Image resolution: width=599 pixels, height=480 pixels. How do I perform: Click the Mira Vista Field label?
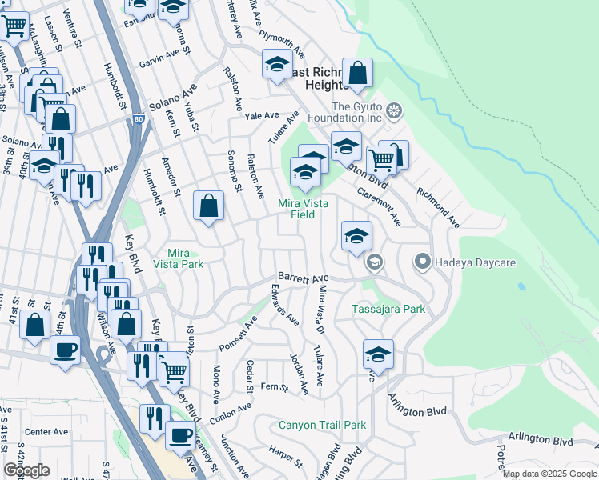pyautogui.click(x=301, y=209)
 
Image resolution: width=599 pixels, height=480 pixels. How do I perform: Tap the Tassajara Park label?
pyautogui.click(x=388, y=309)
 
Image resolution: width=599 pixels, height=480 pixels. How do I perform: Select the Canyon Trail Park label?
pyautogui.click(x=322, y=425)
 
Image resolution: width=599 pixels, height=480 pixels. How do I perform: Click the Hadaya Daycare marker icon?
pyautogui.click(x=423, y=262)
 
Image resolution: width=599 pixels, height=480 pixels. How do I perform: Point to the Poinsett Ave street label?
pyautogui.click(x=239, y=334)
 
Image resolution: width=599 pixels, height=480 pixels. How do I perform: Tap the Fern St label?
pyautogui.click(x=274, y=387)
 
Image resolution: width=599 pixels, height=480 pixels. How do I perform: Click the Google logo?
pyautogui.click(x=26, y=470)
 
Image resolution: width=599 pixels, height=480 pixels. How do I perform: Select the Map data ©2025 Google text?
pyautogui.click(x=549, y=474)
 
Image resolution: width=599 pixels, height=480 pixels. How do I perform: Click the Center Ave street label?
pyautogui.click(x=46, y=432)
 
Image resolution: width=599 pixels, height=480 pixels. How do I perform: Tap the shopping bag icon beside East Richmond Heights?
pyautogui.click(x=359, y=74)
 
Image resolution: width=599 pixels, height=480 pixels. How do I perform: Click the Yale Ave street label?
pyautogui.click(x=261, y=116)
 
